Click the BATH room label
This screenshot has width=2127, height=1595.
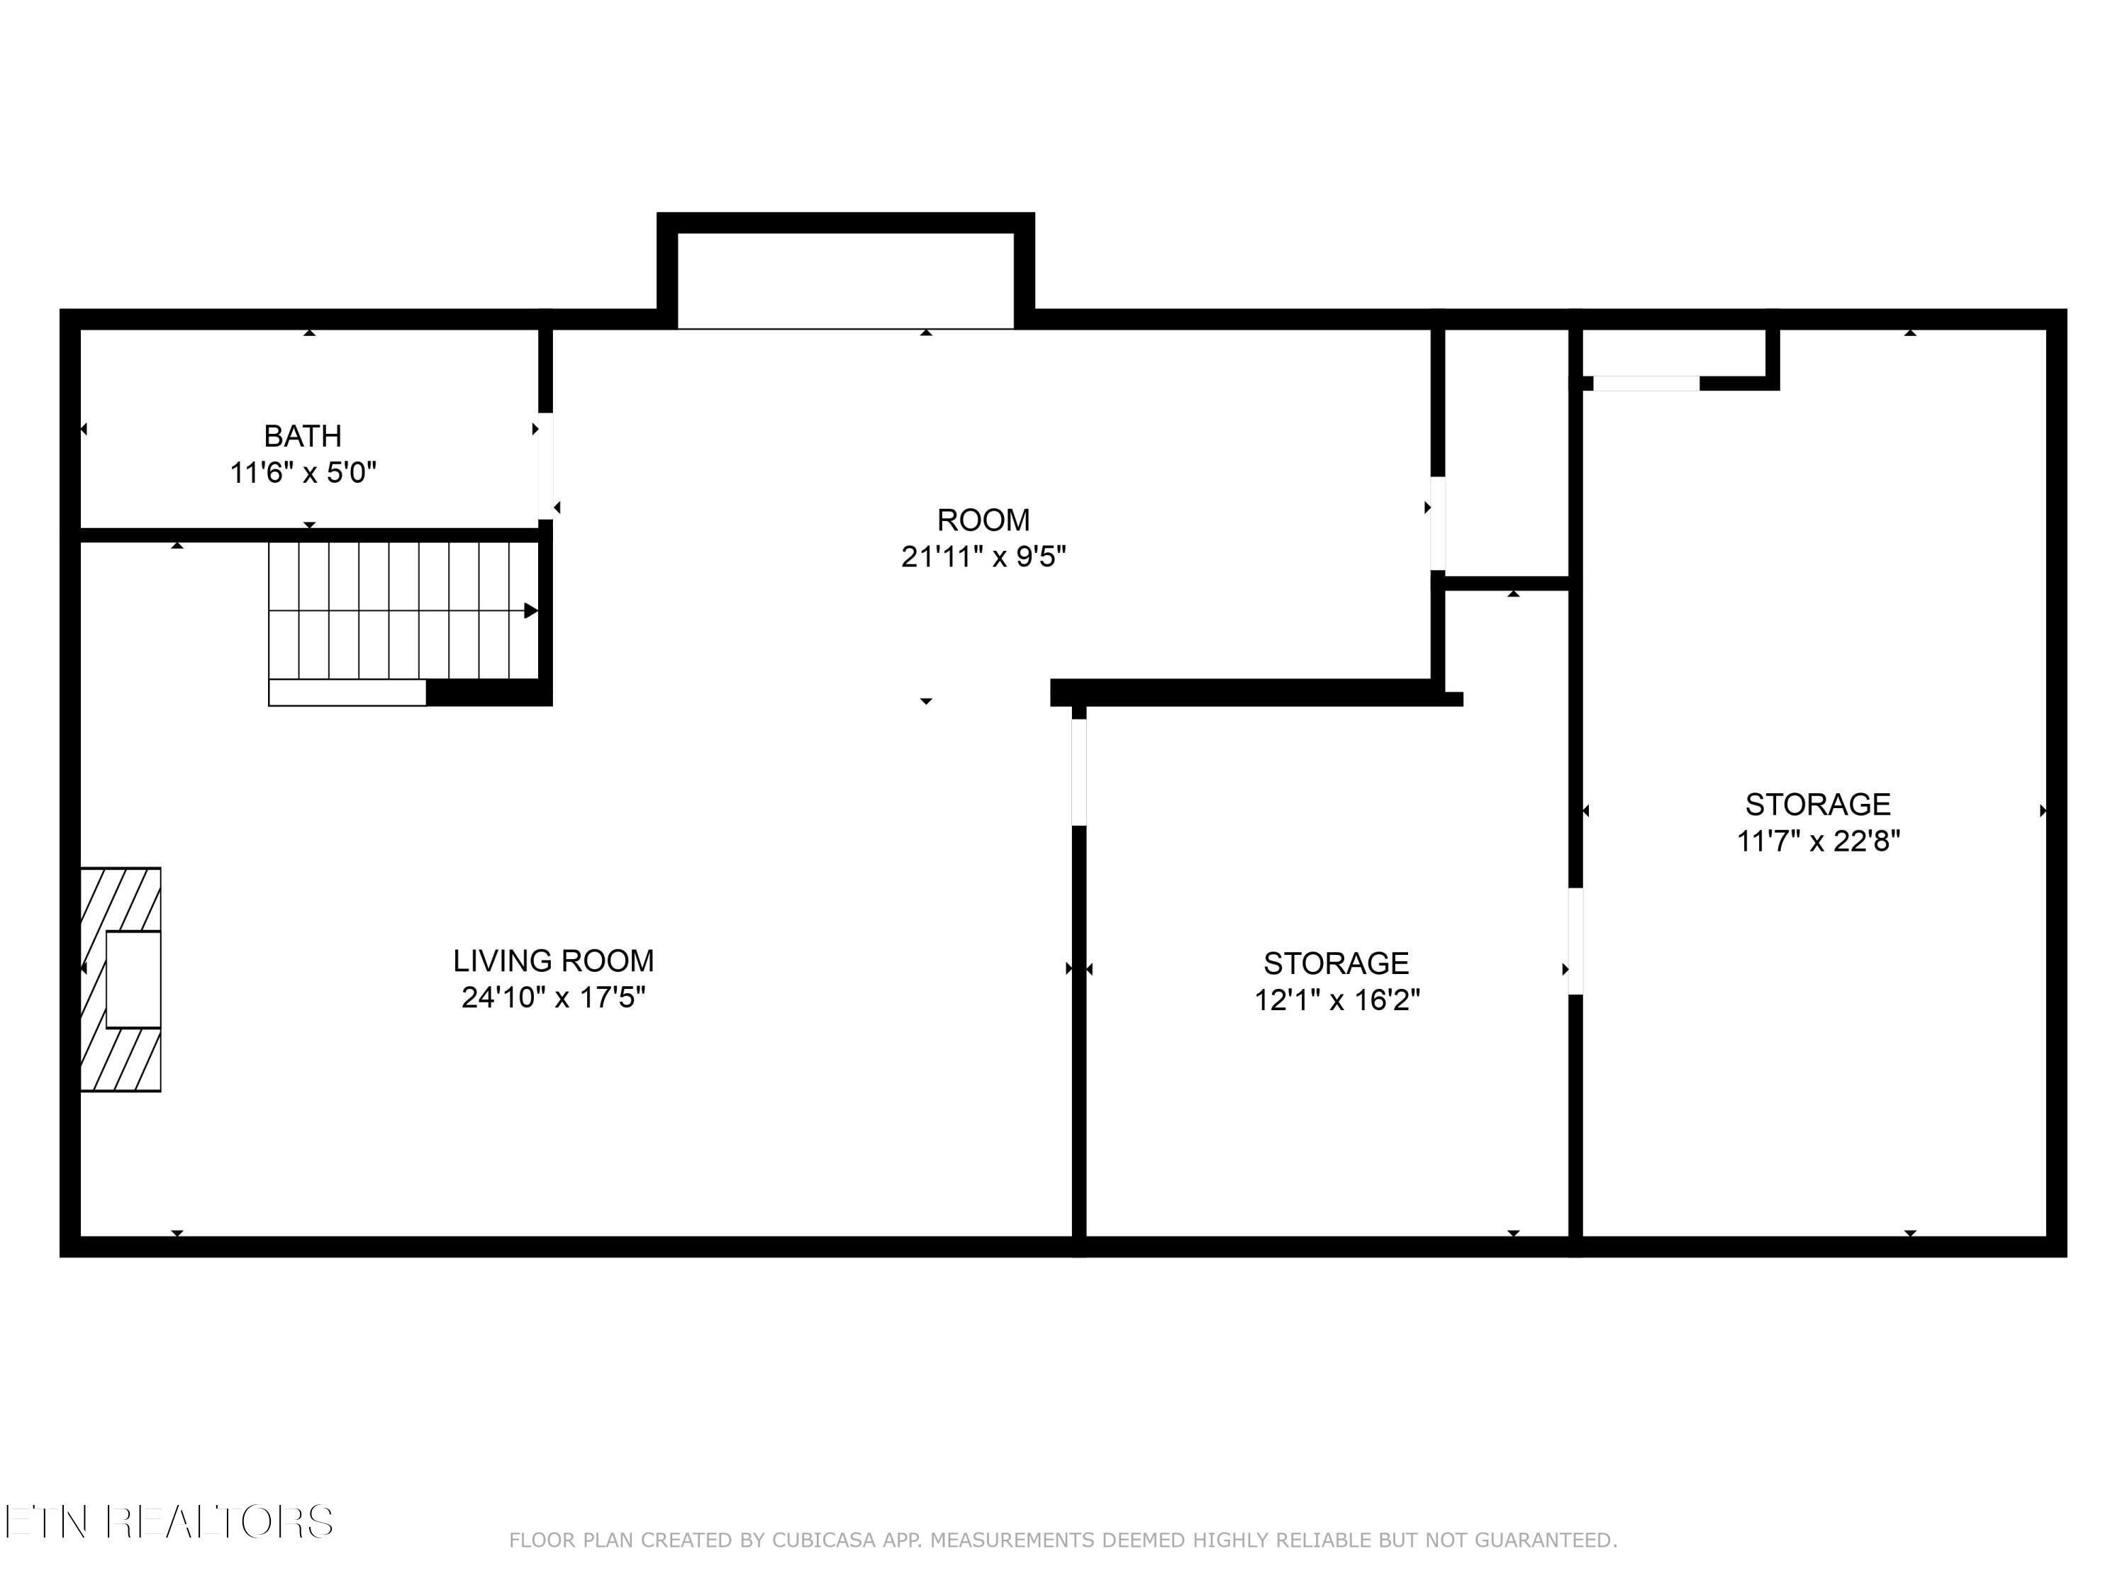tap(303, 437)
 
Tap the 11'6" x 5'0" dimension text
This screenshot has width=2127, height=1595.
tap(303, 473)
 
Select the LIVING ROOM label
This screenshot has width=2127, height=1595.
tap(554, 961)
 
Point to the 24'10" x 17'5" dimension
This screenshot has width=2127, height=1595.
tap(554, 997)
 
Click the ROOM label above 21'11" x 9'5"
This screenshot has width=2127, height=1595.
tap(983, 520)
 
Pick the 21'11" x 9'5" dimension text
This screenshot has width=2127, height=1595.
tap(983, 556)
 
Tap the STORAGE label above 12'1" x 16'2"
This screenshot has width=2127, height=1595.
tap(1336, 963)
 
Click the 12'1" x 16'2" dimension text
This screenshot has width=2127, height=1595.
tap(1336, 1000)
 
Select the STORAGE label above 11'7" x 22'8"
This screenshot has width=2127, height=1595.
tap(1819, 804)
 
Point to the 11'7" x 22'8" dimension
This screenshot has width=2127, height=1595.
tap(1819, 841)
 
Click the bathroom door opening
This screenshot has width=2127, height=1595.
tap(545, 466)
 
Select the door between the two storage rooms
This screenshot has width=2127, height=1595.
tap(1575, 942)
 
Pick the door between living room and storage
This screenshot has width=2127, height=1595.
tap(1079, 772)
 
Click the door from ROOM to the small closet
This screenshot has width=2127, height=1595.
tap(1438, 524)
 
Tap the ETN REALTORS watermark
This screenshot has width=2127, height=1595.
tap(169, 1522)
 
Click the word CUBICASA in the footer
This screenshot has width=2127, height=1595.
tap(824, 1540)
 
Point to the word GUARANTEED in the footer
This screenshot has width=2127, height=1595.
tap(1546, 1540)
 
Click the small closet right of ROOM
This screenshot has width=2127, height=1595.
tap(1507, 452)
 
